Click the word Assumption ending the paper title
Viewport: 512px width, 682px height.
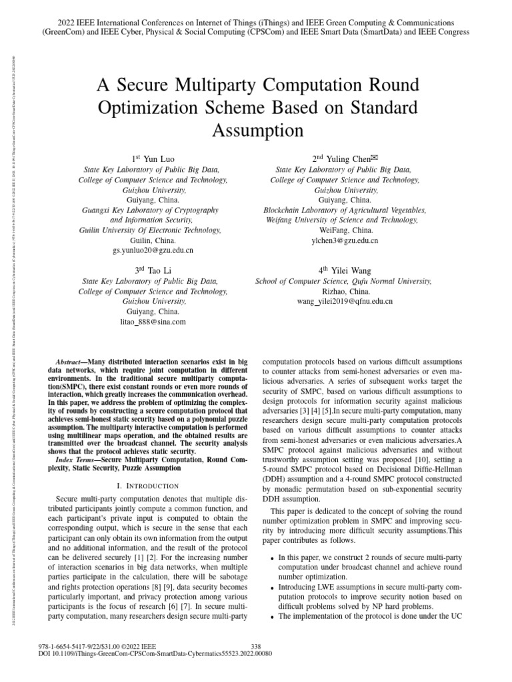(x=257, y=130)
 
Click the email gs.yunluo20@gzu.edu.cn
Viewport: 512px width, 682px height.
(x=153, y=250)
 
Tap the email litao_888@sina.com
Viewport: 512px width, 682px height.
(x=153, y=321)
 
